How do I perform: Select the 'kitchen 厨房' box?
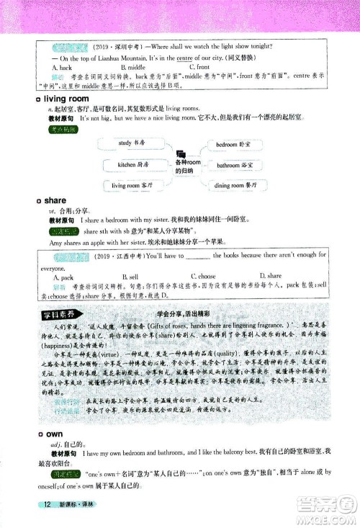(132, 164)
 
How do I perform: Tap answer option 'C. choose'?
(202, 276)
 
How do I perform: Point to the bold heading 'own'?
(54, 434)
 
